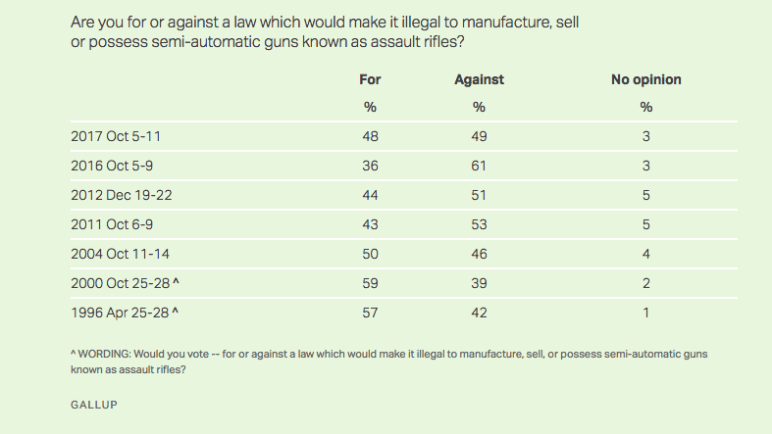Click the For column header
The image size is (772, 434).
[x=370, y=79]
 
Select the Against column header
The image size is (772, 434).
[x=479, y=79]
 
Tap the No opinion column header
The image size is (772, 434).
[x=645, y=79]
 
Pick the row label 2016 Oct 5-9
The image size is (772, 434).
[x=111, y=166]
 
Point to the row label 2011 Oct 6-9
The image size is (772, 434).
[x=111, y=224]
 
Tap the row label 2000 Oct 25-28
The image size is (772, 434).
[x=122, y=283]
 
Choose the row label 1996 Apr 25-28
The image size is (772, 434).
[x=121, y=313]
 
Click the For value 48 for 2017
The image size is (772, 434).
[x=370, y=136]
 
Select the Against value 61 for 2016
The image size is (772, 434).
[x=479, y=166]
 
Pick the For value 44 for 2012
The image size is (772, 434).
[x=370, y=195]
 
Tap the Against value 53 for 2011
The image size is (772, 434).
[x=479, y=224]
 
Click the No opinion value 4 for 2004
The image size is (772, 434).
[x=645, y=254]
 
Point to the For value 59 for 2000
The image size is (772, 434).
[x=370, y=283]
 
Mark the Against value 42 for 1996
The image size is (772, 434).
[x=479, y=313]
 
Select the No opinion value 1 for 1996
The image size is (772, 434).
[x=645, y=313]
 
